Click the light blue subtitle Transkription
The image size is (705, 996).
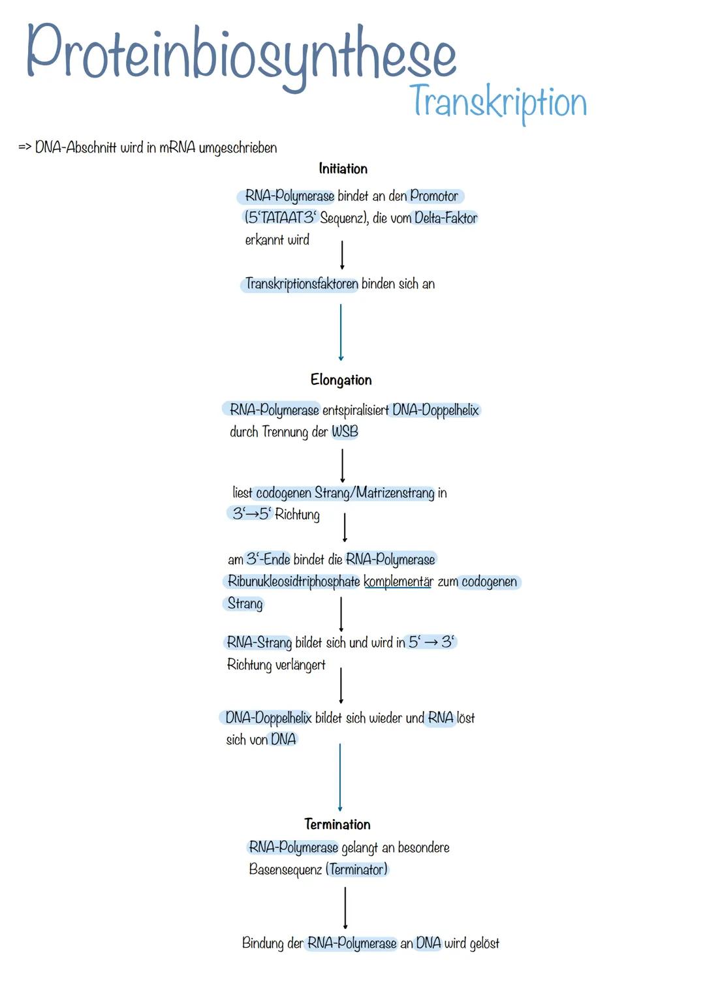[x=497, y=103]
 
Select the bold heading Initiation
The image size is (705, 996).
[x=343, y=169]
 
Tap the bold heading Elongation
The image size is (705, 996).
[x=341, y=380]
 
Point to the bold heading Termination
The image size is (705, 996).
[x=337, y=824]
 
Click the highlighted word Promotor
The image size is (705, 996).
[x=434, y=196]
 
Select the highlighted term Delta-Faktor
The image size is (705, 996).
[x=446, y=219]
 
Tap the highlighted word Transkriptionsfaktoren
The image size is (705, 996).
[x=302, y=284]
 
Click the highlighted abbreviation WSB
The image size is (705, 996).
[x=345, y=432]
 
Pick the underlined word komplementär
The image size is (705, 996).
[x=398, y=582]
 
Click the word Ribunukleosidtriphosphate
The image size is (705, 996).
[x=293, y=582]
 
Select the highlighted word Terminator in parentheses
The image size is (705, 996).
[x=358, y=870]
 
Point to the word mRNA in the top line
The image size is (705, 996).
[x=177, y=148]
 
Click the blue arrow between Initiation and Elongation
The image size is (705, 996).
[x=341, y=332]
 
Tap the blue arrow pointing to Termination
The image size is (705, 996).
[x=340, y=777]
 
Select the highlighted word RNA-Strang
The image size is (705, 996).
[x=258, y=643]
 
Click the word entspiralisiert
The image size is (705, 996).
[x=355, y=411]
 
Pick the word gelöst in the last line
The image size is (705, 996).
[x=484, y=944]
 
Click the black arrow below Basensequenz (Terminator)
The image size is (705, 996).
[x=345, y=907]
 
